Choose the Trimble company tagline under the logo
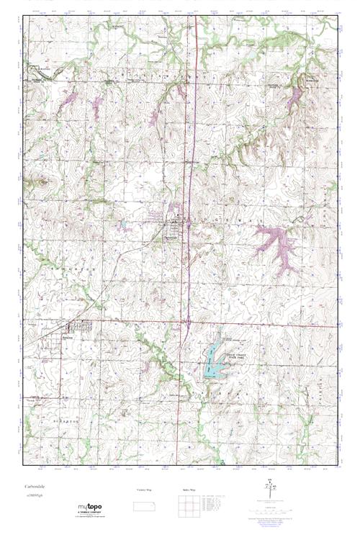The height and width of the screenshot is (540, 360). [89, 516]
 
